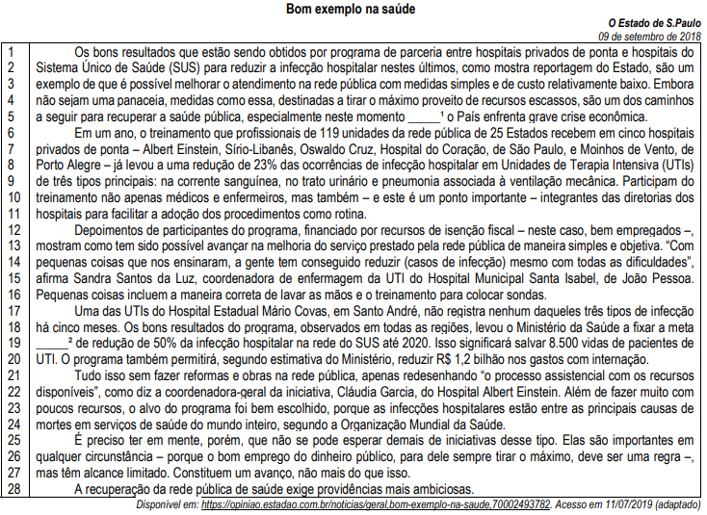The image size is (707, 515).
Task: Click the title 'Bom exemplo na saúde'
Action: [352, 10]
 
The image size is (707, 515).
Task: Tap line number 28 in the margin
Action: [13, 490]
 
